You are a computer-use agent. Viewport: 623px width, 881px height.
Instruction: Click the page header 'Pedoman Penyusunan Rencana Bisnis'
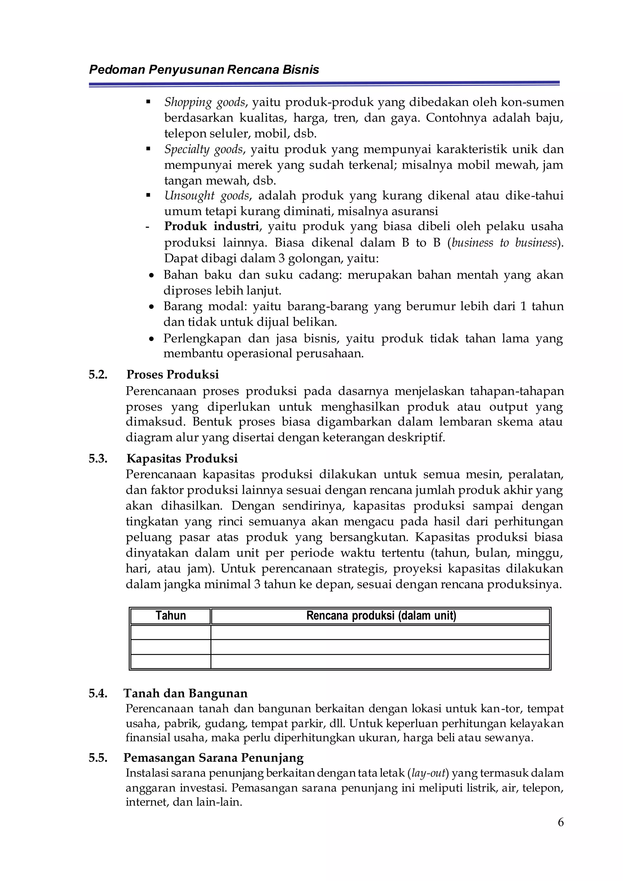click(x=204, y=70)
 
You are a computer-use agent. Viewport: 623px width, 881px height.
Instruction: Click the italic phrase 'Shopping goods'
click(x=205, y=103)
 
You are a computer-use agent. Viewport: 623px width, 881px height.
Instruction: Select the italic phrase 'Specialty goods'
click(x=204, y=149)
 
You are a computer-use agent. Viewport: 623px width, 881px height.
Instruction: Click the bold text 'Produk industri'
click(x=211, y=226)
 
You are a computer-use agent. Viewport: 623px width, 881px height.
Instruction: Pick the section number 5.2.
click(x=98, y=374)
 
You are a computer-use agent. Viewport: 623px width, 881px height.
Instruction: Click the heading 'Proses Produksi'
click(x=172, y=374)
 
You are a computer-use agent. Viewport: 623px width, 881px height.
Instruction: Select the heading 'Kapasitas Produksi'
click(x=182, y=458)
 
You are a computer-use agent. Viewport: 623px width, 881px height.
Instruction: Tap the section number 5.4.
click(x=98, y=693)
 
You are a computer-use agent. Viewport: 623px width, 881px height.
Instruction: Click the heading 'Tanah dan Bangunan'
click(x=185, y=693)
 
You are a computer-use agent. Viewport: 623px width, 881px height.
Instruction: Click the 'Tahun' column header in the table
click(x=171, y=615)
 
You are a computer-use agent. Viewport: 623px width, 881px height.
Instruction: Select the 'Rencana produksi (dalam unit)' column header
click(x=381, y=615)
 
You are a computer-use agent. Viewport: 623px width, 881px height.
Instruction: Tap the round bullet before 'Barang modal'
click(x=152, y=307)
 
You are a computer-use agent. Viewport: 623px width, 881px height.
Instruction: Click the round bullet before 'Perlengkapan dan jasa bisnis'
click(x=152, y=340)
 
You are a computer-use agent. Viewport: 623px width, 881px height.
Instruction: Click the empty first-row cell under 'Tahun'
click(x=171, y=632)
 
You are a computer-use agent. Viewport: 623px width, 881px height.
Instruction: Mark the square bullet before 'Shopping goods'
click(x=148, y=102)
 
